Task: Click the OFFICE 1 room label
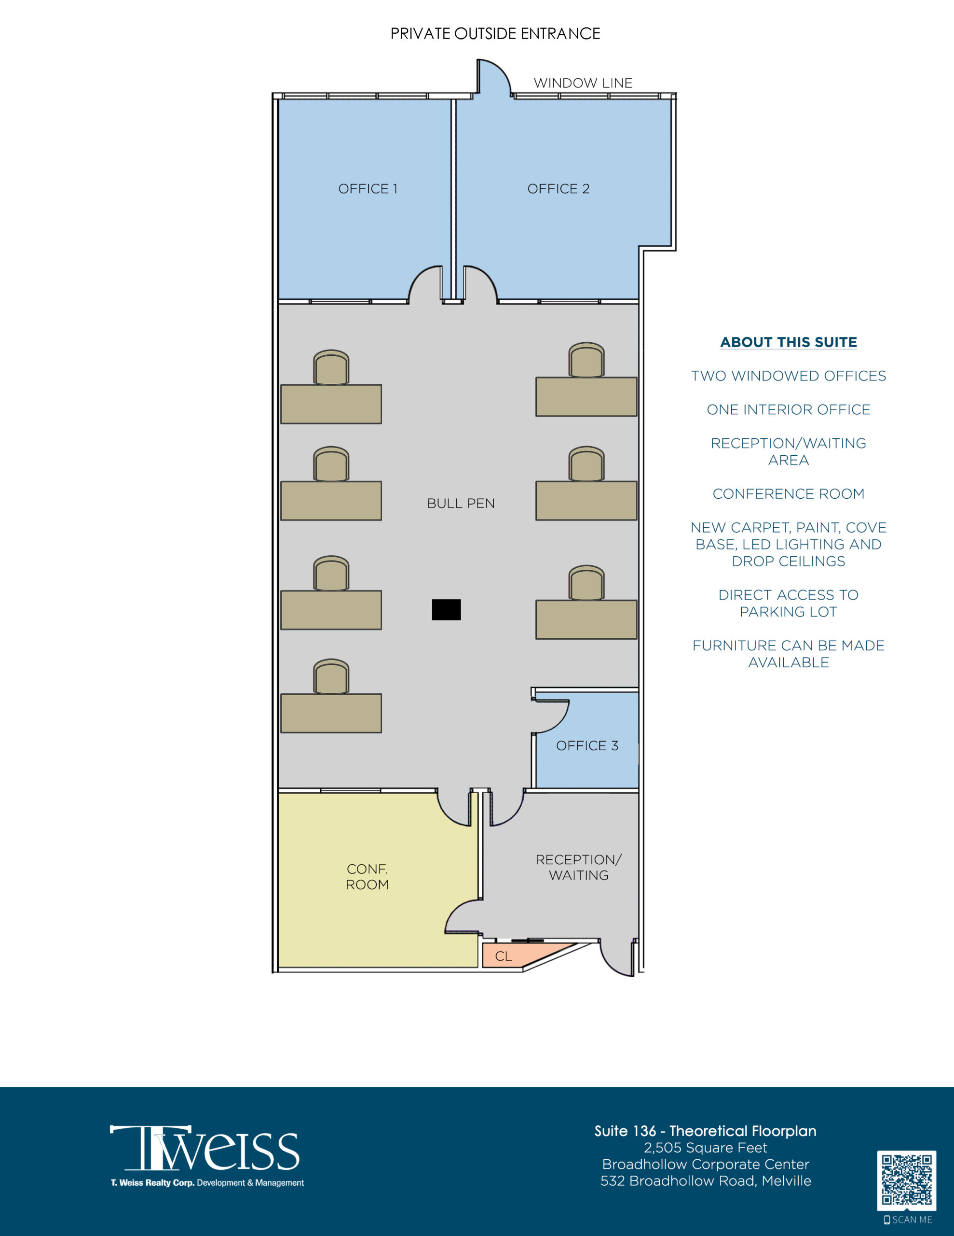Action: tap(368, 188)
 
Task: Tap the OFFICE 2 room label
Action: tap(558, 188)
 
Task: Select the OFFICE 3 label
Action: tap(587, 745)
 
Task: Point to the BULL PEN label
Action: tap(461, 503)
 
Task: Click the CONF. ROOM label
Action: tap(367, 877)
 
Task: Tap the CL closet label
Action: tap(504, 956)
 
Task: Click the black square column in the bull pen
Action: tap(446, 609)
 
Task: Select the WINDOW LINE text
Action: tap(583, 83)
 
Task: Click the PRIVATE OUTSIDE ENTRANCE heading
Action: tap(495, 34)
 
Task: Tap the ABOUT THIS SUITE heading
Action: tap(788, 342)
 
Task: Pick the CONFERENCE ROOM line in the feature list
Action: tap(788, 493)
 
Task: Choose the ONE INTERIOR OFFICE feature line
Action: tap(788, 409)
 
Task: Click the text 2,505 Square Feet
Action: tap(705, 1147)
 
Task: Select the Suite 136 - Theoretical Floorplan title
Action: tap(705, 1131)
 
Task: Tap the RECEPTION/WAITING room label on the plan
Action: tap(578, 867)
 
